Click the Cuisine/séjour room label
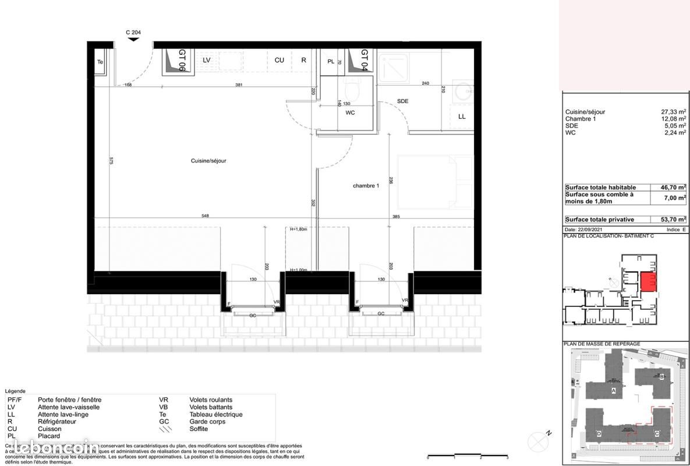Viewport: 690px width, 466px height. tap(208, 161)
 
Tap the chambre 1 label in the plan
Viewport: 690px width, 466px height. tap(366, 186)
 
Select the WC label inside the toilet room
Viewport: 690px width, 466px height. tap(350, 113)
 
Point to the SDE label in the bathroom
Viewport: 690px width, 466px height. tap(402, 101)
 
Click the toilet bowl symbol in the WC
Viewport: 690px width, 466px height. tap(352, 91)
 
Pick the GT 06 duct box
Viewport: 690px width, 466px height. tap(174, 61)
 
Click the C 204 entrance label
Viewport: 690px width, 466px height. tap(133, 33)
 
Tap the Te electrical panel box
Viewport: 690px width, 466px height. tap(100, 62)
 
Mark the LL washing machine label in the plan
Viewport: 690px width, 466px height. tap(462, 116)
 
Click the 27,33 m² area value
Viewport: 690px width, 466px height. tap(674, 112)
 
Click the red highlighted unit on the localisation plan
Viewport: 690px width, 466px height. tap(648, 283)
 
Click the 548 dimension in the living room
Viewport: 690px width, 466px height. tap(205, 216)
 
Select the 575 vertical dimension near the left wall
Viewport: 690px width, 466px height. tap(111, 161)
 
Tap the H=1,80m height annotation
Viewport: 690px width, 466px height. tap(298, 230)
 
